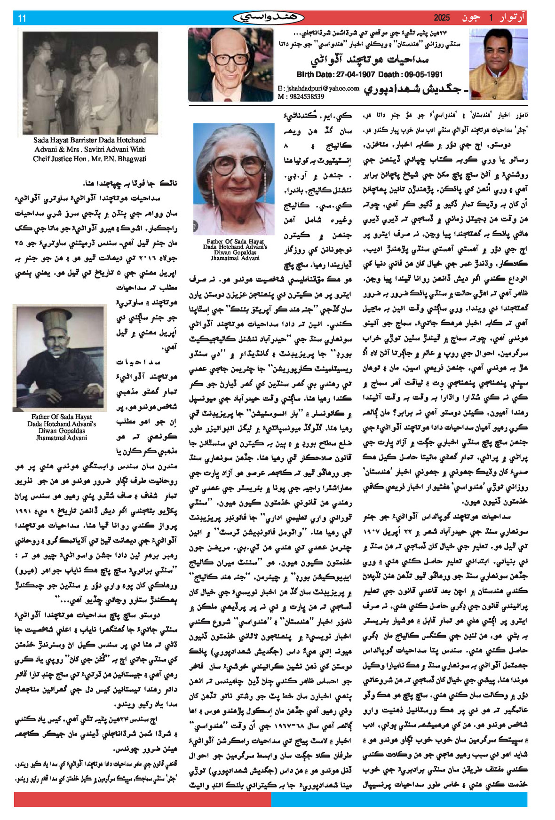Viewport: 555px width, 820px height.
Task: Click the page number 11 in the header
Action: point(22,18)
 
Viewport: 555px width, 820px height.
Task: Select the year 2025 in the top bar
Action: point(442,18)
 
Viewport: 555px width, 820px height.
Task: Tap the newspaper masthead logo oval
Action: point(269,18)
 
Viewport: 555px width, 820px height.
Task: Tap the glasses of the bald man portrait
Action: point(230,59)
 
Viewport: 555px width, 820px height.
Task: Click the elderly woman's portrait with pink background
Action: point(234,179)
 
